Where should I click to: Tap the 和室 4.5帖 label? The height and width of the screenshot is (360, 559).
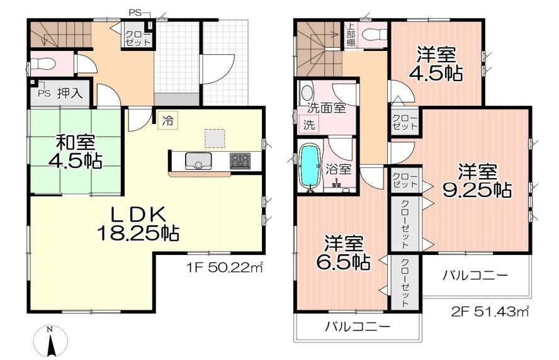[x=75, y=152]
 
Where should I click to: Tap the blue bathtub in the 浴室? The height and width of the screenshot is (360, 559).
[x=309, y=166]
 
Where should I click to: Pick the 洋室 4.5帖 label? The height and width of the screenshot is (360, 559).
[x=437, y=64]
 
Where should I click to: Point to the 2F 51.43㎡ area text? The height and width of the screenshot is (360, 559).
[x=489, y=310]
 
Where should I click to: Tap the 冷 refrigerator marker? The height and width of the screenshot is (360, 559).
[x=168, y=118]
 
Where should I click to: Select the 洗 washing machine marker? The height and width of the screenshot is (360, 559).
[x=310, y=125]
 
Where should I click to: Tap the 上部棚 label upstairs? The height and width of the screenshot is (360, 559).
[x=349, y=35]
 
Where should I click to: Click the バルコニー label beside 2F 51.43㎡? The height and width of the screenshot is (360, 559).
[x=475, y=275]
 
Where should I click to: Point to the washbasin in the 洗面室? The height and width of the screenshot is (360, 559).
[x=307, y=93]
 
